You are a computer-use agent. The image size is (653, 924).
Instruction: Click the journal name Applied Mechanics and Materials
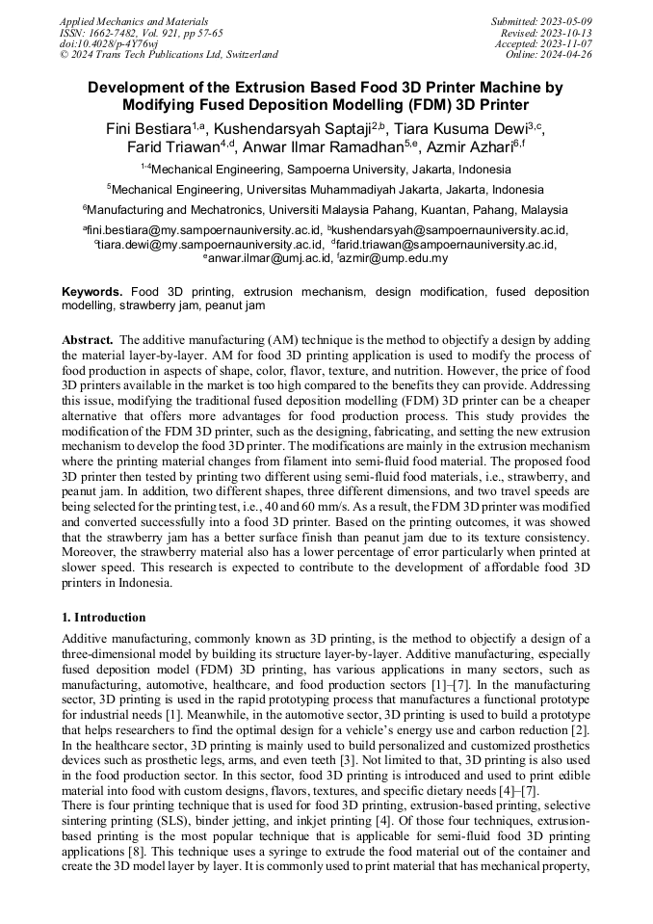pyautogui.click(x=133, y=21)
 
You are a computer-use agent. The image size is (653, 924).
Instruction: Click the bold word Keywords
pyautogui.click(x=92, y=291)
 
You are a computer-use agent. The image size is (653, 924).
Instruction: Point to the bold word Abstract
pyautogui.click(x=90, y=340)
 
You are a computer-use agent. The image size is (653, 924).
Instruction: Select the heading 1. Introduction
pyautogui.click(x=104, y=617)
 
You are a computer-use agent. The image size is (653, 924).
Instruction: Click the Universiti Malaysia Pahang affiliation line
pyautogui.click(x=326, y=209)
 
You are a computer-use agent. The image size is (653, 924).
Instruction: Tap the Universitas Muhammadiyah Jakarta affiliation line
pyautogui.click(x=326, y=189)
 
